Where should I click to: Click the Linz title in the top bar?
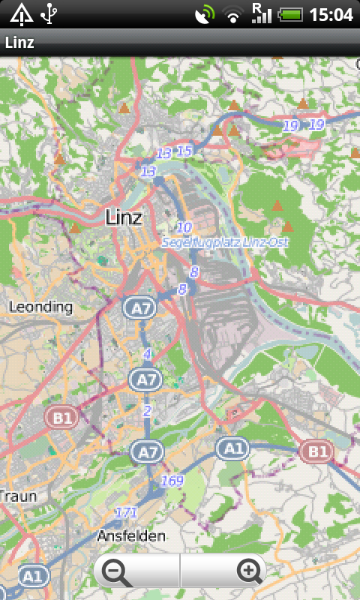[19, 43]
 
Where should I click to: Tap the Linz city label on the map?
[124, 217]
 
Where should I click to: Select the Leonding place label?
[40, 307]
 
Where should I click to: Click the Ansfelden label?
[131, 535]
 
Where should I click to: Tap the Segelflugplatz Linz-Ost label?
[225, 243]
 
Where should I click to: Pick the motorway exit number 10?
[184, 227]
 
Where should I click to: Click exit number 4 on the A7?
[147, 353]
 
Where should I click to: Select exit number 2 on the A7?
[147, 410]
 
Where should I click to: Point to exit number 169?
[172, 481]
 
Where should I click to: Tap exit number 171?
[126, 513]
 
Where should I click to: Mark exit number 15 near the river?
[184, 151]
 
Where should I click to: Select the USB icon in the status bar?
[50, 14]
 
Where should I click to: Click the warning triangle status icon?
[21, 14]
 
